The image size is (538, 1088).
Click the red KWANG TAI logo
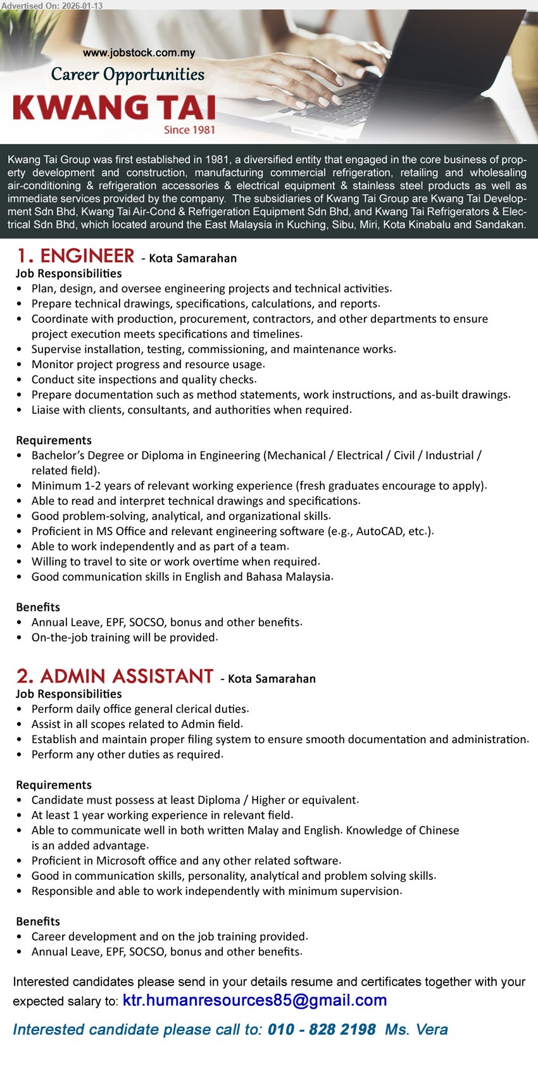114,108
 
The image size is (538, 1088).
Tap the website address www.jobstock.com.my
139,53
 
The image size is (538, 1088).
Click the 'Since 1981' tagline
189,130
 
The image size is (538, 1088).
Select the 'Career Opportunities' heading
127,75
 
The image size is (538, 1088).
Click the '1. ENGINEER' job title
75,256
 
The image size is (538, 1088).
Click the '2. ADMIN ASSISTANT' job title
115,676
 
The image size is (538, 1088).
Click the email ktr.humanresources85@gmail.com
254,1000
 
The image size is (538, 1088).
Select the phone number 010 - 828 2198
322,1030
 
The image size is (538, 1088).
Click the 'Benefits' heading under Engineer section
38,607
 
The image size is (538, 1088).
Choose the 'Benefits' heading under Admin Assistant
38,922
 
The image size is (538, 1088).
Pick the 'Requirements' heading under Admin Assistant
54,785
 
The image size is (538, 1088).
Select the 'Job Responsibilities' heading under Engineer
69,273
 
